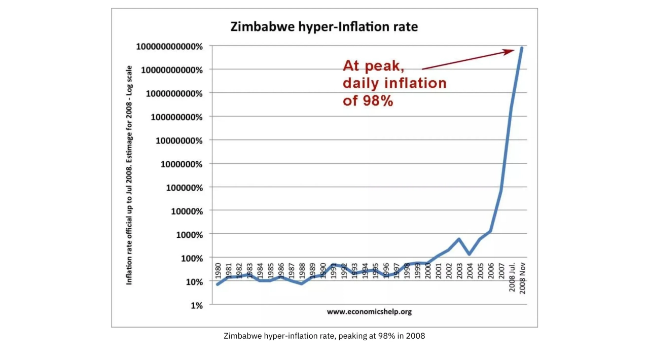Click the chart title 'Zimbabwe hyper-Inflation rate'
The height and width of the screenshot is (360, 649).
pos(324,26)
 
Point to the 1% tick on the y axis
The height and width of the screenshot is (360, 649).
pos(197,305)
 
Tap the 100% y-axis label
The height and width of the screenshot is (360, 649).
pos(192,258)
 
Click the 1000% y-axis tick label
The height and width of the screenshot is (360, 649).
pos(189,235)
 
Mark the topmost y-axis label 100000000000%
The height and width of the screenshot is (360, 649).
pos(169,47)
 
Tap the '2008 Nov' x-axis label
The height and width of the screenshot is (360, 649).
pos(522,279)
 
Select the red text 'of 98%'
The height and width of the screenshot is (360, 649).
pos(368,100)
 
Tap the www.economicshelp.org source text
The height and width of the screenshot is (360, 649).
pos(369,311)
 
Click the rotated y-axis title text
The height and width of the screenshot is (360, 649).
pos(129,175)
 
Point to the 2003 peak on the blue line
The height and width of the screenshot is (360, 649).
pos(458,239)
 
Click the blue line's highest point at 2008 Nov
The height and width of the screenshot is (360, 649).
pos(522,48)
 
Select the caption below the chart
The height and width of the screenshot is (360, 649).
pos(324,336)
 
